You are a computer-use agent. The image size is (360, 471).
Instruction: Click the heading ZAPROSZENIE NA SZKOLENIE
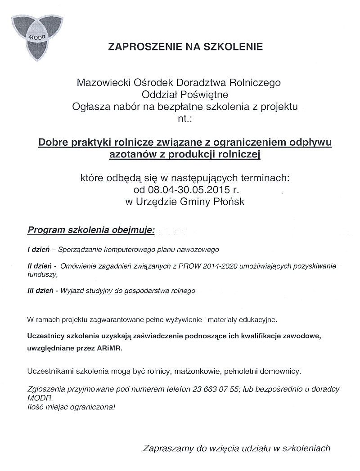pos(185,46)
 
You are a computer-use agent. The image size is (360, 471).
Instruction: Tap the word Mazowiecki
pos(103,83)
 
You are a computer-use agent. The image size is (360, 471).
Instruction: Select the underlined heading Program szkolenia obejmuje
pos(91,231)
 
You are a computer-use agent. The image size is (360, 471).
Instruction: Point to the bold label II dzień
pos(38,266)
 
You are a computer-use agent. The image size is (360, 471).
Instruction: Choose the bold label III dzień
pos(40,291)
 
